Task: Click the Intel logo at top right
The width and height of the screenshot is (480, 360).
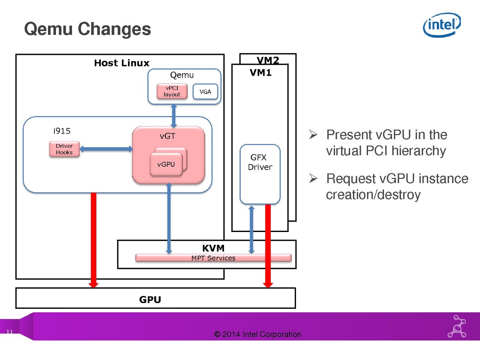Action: [442, 25]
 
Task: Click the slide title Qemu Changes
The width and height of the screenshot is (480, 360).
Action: [88, 30]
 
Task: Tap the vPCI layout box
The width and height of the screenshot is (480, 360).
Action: [172, 92]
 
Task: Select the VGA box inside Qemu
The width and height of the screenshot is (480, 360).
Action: [205, 92]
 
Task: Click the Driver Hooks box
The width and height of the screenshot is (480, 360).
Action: [64, 149]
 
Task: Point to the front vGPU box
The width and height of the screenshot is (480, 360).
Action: [166, 164]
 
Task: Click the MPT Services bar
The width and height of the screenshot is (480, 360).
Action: [213, 258]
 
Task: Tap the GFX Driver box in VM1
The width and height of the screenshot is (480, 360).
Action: [260, 174]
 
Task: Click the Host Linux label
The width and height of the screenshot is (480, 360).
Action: [122, 63]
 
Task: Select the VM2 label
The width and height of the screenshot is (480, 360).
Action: [268, 60]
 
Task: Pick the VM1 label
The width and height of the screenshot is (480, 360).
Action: [260, 73]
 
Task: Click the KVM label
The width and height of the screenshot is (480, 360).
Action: [213, 248]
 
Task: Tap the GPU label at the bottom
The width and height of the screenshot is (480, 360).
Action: [150, 300]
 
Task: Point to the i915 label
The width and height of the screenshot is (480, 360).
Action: [62, 131]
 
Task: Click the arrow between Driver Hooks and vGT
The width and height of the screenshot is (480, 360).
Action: [106, 149]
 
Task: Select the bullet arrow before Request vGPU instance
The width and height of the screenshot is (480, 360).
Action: [313, 178]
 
